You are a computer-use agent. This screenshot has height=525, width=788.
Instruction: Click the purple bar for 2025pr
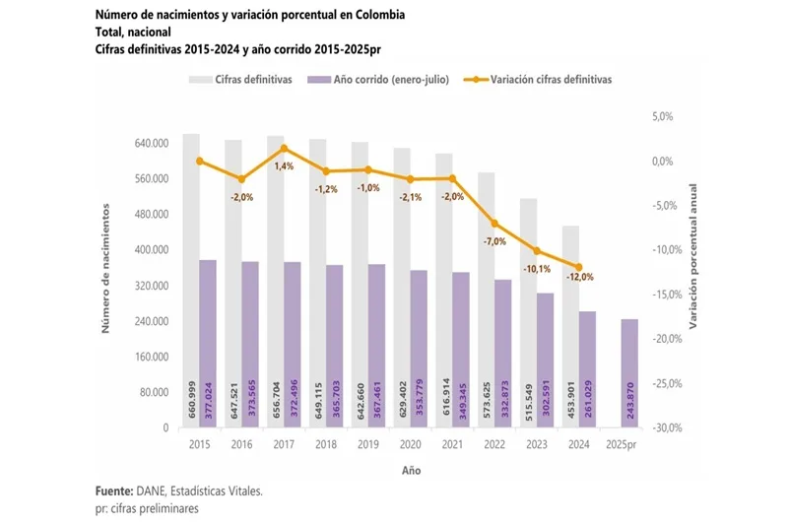(x=629, y=373)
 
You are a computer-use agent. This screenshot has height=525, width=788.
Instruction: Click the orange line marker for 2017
(x=284, y=149)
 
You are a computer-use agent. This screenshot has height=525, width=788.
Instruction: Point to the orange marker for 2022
(x=494, y=224)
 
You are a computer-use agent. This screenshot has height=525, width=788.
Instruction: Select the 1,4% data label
(x=285, y=166)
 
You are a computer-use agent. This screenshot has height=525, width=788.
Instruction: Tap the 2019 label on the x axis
(x=367, y=444)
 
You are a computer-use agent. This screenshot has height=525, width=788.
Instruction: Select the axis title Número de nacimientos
(x=106, y=270)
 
